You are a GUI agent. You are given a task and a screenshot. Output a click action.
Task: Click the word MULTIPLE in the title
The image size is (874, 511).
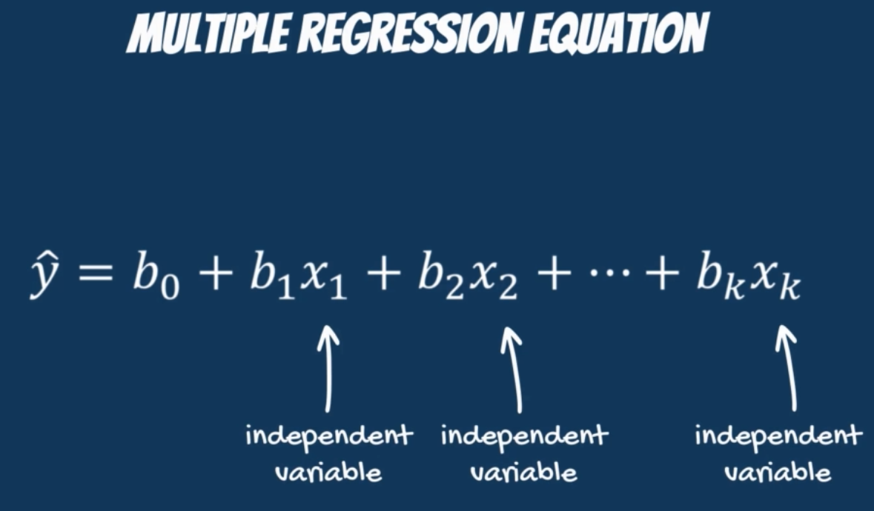point(208,33)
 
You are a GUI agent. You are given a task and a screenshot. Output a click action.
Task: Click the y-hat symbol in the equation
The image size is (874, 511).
point(44,275)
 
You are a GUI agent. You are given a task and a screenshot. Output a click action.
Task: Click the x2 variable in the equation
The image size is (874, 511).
point(494,281)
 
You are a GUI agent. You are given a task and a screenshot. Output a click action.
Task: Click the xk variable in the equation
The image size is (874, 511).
point(775,281)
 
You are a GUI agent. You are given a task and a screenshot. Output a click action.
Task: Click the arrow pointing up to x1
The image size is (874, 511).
point(328,369)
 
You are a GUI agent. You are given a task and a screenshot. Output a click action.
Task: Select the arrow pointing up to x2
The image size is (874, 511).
point(514,370)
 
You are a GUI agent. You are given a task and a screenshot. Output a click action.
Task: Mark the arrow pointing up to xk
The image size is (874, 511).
point(789,369)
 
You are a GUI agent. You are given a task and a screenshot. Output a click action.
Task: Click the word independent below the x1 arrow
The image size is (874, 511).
point(329,435)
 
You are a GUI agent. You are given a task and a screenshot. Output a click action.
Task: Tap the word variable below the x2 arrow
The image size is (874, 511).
point(523,472)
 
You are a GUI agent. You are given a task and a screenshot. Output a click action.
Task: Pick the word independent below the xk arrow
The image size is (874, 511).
point(778,435)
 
